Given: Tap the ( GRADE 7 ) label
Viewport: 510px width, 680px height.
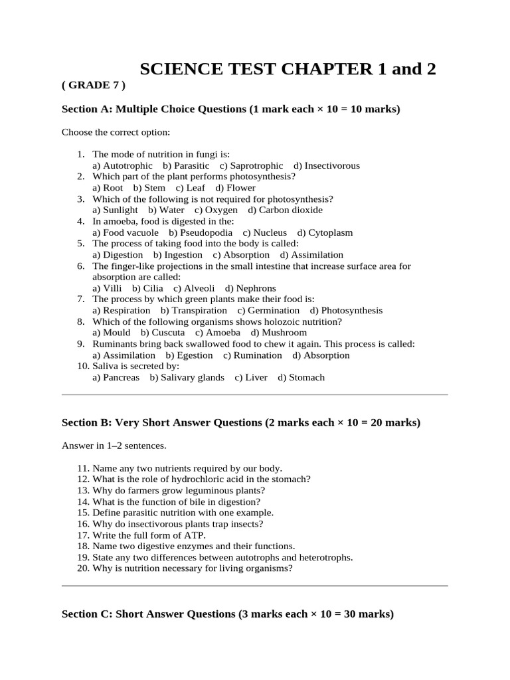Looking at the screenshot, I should tap(93, 86).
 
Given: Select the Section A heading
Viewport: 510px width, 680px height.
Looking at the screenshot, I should tap(230, 109).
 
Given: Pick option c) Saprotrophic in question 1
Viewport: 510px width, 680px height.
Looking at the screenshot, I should tap(251, 165).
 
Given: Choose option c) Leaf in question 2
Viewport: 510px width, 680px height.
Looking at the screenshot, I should tap(191, 188).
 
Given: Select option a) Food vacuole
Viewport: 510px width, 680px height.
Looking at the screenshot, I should tap(126, 232).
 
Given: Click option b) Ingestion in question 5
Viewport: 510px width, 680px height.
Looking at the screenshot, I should tap(178, 255).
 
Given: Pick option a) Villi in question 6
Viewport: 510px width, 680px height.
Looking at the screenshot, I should tap(107, 288).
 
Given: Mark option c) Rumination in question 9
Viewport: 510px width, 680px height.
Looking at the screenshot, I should tap(252, 355).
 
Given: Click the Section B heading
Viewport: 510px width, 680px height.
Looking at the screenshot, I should tap(240, 422).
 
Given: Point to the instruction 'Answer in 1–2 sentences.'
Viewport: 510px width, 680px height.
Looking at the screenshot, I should tap(114, 446).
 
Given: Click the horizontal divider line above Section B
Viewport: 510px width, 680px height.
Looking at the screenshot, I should tap(254, 394).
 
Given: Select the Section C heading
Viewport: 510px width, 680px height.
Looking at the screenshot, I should tap(227, 614).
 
